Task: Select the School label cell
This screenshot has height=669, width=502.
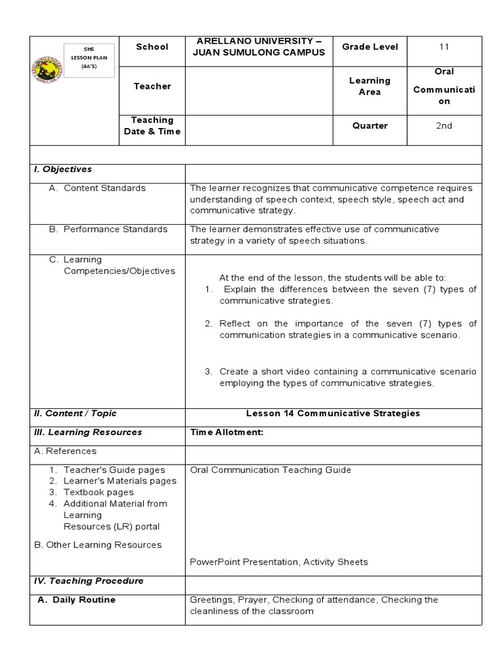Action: [152, 47]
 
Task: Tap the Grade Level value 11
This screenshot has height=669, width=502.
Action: [444, 47]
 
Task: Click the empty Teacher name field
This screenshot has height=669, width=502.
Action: [259, 86]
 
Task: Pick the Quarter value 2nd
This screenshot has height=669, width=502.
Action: [444, 125]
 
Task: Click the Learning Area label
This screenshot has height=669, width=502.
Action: [369, 86]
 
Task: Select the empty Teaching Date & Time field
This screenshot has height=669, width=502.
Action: [259, 125]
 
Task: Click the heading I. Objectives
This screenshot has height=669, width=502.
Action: [63, 169]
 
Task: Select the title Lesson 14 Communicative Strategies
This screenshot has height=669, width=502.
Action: [333, 414]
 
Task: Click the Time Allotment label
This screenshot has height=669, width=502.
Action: [226, 432]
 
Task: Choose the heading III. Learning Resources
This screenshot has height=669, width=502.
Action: [88, 432]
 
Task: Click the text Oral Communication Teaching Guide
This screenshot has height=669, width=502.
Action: [270, 470]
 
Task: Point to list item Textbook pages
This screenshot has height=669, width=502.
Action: [98, 492]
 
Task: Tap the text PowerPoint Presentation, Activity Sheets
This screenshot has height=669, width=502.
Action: [278, 562]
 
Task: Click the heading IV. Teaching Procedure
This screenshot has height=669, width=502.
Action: [88, 581]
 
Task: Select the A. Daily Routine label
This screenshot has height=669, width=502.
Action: [77, 600]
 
